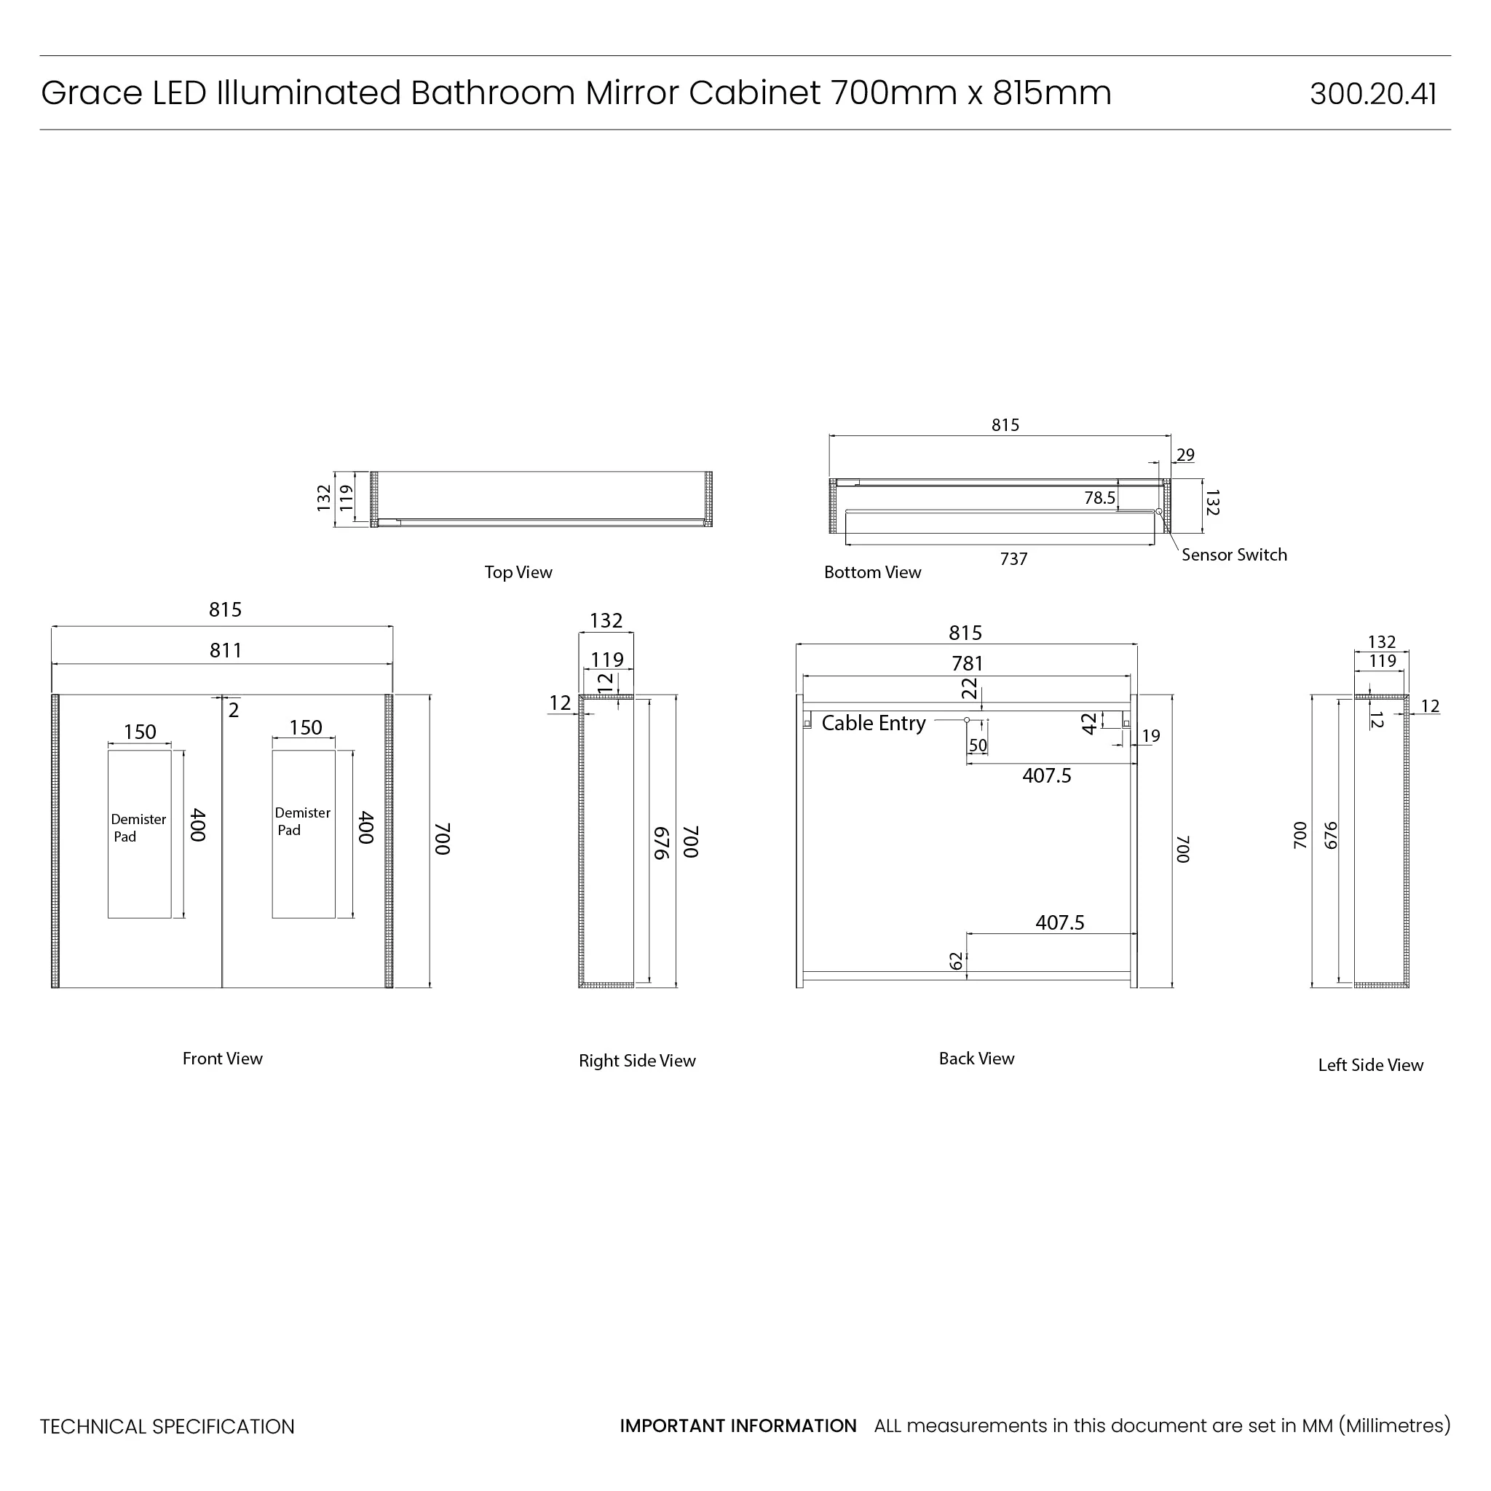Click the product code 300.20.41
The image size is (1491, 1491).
(1372, 94)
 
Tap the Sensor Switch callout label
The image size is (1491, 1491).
(1233, 555)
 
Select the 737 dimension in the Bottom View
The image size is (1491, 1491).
(1013, 558)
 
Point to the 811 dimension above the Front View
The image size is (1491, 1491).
(226, 651)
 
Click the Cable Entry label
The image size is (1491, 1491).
(873, 723)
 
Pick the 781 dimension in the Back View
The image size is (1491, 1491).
(967, 664)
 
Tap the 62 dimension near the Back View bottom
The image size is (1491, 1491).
(956, 961)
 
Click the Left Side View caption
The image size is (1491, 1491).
(1370, 1065)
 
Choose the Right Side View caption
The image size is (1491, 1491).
(637, 1061)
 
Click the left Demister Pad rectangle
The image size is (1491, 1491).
(139, 834)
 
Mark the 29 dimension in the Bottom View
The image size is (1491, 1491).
(1185, 454)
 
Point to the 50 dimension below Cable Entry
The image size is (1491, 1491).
(978, 745)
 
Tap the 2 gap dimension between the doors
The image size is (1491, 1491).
(234, 710)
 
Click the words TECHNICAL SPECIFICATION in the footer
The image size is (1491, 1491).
(167, 1427)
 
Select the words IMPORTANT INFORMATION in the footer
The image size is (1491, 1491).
(737, 1426)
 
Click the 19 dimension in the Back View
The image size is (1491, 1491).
(1151, 735)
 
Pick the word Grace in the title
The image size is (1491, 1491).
(91, 93)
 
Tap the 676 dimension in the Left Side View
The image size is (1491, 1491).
(1329, 835)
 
